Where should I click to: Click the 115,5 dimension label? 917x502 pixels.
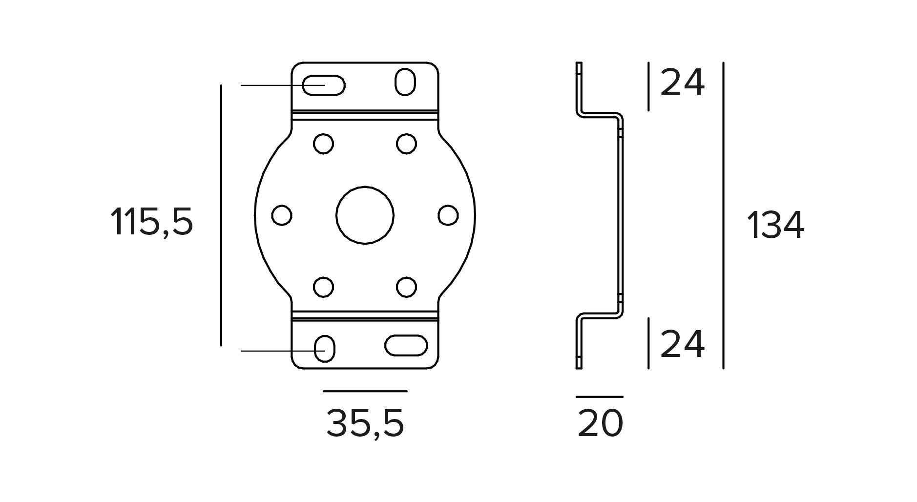(152, 222)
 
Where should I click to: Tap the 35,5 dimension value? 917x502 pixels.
(365, 423)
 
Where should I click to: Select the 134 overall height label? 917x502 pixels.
(775, 225)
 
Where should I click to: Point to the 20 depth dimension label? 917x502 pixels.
(600, 423)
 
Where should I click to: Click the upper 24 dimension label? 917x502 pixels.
(682, 83)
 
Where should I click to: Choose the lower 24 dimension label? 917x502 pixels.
(682, 344)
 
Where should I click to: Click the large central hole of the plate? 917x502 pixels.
(365, 215)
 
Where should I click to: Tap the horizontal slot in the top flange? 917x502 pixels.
(323, 85)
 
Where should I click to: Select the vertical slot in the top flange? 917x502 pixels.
(405, 82)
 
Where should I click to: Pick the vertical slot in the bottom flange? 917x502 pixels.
(324, 349)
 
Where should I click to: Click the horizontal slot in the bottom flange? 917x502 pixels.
(406, 345)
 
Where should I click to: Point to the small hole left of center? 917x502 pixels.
(282, 215)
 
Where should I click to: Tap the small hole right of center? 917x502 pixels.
(448, 215)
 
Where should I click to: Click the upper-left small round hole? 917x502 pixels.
(323, 144)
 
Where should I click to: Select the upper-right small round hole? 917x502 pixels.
(406, 144)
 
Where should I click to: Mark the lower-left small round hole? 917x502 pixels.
(323, 287)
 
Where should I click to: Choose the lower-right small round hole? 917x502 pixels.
(406, 287)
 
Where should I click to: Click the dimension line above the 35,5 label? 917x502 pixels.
(365, 391)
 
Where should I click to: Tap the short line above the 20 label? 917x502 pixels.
(600, 397)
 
